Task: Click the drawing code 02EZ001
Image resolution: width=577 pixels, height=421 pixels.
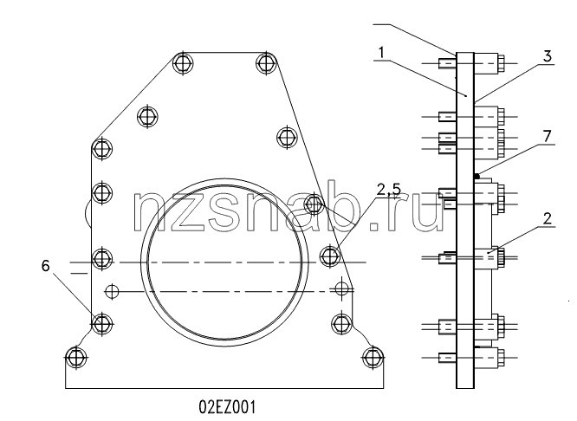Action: click(x=227, y=407)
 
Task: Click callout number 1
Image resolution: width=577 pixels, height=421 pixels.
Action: click(x=381, y=53)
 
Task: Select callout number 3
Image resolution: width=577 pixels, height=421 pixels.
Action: click(x=548, y=56)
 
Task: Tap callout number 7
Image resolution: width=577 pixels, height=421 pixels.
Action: click(x=548, y=136)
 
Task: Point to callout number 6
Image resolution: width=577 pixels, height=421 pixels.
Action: click(x=45, y=265)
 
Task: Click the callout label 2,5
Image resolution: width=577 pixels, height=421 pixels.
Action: click(x=388, y=189)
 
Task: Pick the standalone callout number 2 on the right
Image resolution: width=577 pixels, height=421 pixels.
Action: click(x=548, y=218)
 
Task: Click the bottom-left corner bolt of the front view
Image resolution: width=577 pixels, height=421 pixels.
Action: click(x=76, y=357)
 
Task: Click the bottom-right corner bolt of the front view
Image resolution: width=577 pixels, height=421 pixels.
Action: click(x=373, y=357)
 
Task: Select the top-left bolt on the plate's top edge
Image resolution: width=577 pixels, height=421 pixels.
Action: click(x=184, y=63)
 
